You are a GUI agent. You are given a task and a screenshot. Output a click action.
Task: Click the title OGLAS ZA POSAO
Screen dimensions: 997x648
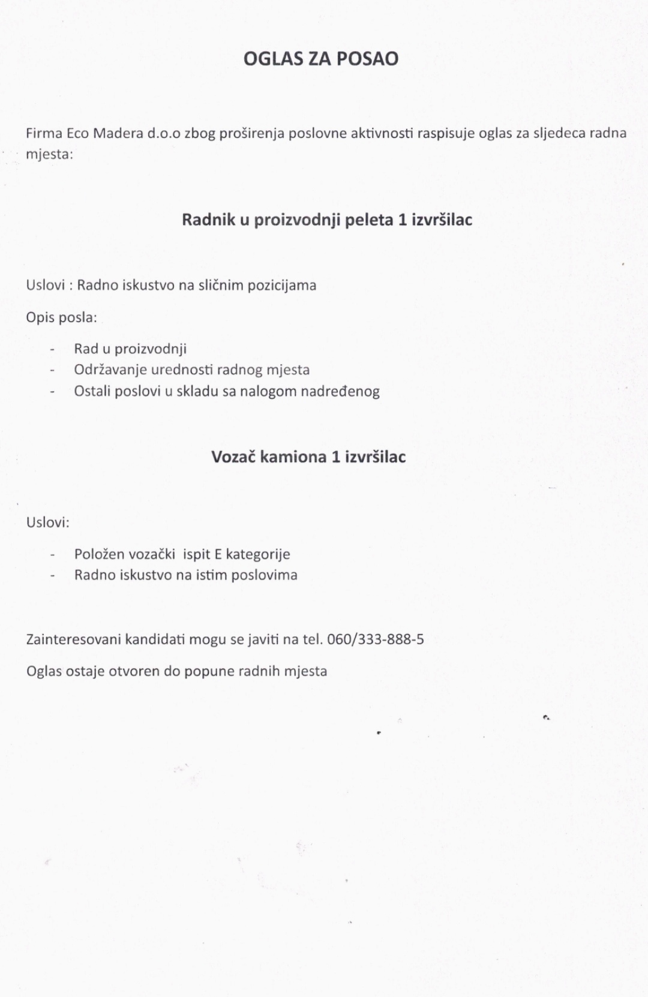pyautogui.click(x=321, y=59)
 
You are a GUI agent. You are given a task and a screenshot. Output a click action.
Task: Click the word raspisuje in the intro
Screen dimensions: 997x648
pyautogui.click(x=446, y=133)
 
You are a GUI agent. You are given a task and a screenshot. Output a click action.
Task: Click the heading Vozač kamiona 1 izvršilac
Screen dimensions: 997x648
pyautogui.click(x=308, y=457)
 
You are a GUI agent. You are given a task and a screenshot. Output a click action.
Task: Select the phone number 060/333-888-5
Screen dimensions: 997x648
pyautogui.click(x=376, y=639)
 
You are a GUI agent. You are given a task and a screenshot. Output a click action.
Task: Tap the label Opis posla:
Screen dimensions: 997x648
pyautogui.click(x=61, y=317)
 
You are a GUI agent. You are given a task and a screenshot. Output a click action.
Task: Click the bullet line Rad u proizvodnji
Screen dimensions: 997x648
pyautogui.click(x=130, y=349)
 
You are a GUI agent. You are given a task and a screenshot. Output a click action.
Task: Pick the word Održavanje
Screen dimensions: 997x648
pyautogui.click(x=110, y=370)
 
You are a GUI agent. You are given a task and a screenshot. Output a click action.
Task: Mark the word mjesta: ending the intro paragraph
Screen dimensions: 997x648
pyautogui.click(x=49, y=155)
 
